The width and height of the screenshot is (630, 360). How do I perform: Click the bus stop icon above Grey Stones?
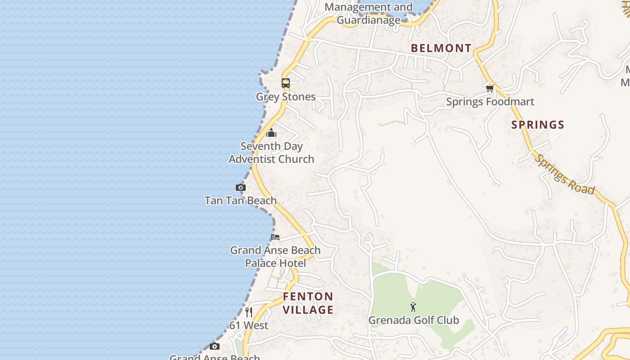286,83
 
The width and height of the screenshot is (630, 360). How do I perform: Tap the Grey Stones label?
286,97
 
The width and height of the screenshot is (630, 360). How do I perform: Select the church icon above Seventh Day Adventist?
271,133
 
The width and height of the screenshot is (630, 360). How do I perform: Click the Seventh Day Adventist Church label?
271,153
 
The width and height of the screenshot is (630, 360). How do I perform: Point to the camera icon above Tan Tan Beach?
241,187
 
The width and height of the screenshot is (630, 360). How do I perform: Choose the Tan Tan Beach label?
241,200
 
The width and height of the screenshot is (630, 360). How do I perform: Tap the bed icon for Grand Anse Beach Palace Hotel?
275,237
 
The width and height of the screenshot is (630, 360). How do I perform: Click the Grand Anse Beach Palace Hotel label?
275,256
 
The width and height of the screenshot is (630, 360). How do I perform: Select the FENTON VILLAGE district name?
308,303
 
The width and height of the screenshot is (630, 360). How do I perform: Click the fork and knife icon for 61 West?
249,312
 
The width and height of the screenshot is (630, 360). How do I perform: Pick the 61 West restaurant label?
249,325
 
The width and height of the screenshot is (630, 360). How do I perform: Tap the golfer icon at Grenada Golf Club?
414,307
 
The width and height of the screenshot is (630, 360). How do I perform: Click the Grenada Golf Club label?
414,320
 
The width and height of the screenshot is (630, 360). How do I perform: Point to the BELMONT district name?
441,48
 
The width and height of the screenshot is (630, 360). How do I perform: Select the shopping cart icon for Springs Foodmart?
490,88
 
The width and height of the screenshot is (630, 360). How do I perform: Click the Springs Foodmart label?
490,102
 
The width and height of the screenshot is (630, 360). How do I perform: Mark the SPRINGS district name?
538,125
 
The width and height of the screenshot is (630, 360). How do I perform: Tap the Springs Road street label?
566,175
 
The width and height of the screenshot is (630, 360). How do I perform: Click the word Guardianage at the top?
369,20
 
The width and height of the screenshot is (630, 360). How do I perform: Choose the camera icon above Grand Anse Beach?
215,346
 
